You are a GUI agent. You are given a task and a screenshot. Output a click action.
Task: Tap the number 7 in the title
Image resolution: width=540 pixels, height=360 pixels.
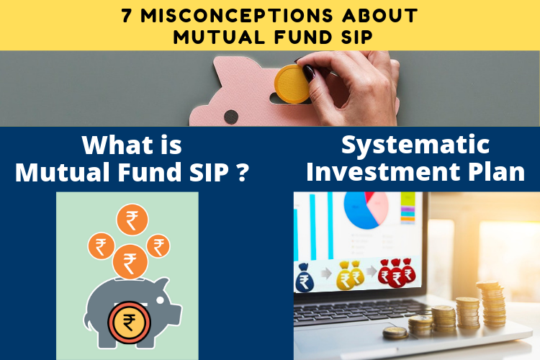pos(127,16)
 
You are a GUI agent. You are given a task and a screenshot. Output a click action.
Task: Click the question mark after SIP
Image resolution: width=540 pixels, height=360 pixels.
pos(243,171)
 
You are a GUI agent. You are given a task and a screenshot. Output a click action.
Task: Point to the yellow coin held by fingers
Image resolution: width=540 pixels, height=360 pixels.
pos(292,84)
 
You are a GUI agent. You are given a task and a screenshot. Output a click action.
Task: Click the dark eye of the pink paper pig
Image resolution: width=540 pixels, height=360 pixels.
pos(230,117)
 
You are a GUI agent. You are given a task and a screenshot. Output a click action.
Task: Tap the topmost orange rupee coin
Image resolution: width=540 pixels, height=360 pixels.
pos(132,220)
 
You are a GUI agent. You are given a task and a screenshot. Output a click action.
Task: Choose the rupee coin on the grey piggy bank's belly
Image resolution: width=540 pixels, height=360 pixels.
pos(129,323)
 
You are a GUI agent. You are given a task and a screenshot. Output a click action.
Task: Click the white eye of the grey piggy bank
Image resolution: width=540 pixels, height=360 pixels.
pos(160,300)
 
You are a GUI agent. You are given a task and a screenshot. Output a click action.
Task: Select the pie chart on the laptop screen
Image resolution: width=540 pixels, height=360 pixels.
pos(366,210)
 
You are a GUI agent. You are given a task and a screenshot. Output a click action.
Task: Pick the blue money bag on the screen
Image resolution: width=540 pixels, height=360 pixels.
pos(305,278)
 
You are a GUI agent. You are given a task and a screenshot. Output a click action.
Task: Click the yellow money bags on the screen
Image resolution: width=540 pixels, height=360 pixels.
pos(350,274)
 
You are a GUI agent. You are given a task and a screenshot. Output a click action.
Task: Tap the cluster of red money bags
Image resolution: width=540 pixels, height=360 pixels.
pos(397,272)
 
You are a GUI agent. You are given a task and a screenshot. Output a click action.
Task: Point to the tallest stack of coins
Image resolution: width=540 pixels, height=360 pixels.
pos(492,303)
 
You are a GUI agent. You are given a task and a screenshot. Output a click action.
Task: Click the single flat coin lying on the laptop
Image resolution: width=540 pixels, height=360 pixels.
pos(395,333)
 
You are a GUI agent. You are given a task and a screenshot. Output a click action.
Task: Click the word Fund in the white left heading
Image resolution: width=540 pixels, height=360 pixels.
pos(149,171)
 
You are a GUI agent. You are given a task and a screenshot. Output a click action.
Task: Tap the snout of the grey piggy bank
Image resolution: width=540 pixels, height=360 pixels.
pos(175,312)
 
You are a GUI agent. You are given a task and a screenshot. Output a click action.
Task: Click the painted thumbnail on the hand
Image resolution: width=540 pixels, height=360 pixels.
pos(308,73)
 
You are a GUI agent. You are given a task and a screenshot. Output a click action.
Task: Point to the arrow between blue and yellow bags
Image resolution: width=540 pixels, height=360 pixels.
pos(325,274)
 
